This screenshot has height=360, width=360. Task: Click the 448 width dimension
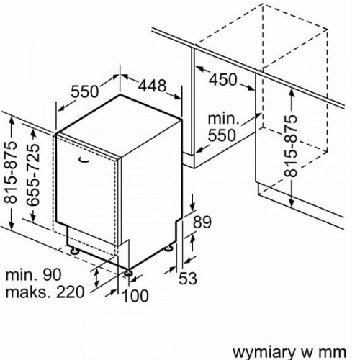point(152,86)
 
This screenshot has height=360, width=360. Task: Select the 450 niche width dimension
point(223,79)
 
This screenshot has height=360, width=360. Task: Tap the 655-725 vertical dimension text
point(33,175)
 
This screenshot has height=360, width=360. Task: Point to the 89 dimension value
point(202,222)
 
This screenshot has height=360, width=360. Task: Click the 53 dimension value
point(188,279)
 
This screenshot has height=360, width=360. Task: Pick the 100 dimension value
point(135,295)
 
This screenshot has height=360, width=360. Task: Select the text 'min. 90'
point(33,275)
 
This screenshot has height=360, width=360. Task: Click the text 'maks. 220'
point(45,292)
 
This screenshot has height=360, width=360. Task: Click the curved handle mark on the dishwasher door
point(84,160)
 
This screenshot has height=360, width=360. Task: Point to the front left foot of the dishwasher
point(74,251)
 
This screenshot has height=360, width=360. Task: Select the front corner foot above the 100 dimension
point(127,273)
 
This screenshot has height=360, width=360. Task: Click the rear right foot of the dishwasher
point(168,248)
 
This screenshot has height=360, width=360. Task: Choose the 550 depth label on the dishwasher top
point(85,91)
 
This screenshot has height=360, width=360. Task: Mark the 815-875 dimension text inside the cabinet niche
point(291,146)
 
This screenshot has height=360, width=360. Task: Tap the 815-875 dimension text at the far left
point(12,172)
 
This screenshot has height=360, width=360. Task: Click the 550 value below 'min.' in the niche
point(222,135)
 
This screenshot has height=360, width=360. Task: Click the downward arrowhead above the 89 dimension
point(193,207)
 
